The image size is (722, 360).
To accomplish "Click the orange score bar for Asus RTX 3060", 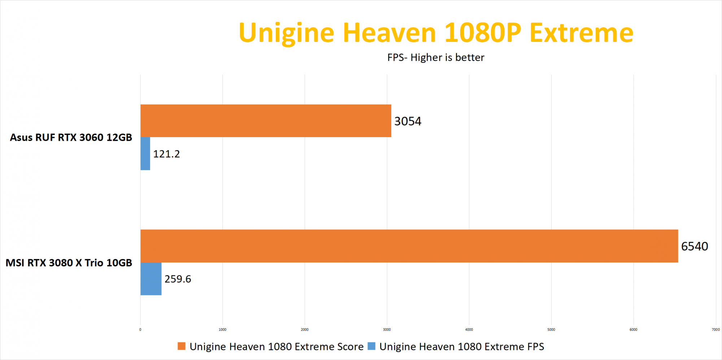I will pos(266,121).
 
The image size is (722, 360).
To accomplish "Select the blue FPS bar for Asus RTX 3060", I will pos(145,153).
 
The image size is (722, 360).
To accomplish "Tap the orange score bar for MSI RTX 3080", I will pos(409,246).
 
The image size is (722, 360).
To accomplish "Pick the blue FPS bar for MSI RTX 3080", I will pos(151,279).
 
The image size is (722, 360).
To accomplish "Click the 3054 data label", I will pos(408,121).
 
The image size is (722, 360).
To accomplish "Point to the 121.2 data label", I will pos(166,154).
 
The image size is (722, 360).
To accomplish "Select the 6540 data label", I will pos(694,246).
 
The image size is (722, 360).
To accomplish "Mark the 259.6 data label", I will pos(178,279).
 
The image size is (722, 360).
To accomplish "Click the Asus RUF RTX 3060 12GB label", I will pos(71,138).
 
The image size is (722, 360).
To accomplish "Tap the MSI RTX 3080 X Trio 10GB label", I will pos(69,263).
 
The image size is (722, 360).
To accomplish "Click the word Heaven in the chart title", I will pos(390,33).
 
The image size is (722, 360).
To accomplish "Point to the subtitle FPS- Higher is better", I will pos(436,57).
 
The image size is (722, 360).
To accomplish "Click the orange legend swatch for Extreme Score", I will pos(182,346).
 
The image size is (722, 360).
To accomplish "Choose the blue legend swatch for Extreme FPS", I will pos(371,346).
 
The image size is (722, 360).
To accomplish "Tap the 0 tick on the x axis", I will pos(140,330).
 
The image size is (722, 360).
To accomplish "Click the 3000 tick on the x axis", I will pos(387,330).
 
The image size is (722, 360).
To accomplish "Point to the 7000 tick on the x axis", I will pos(716,330).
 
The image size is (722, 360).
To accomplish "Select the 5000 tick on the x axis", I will pos(551,330).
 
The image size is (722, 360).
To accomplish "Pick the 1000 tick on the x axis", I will pos(222,330).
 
